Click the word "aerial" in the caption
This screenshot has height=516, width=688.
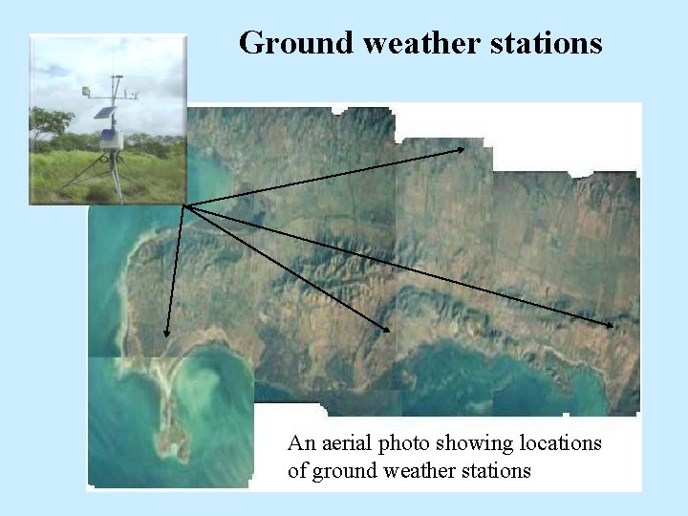point(344,443)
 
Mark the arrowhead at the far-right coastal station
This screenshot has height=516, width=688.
point(612,326)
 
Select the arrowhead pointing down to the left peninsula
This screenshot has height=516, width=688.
point(166,333)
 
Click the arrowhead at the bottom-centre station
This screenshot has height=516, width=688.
point(387,329)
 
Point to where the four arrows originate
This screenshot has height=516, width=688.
point(184,204)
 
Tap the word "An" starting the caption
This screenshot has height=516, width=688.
point(300,443)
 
